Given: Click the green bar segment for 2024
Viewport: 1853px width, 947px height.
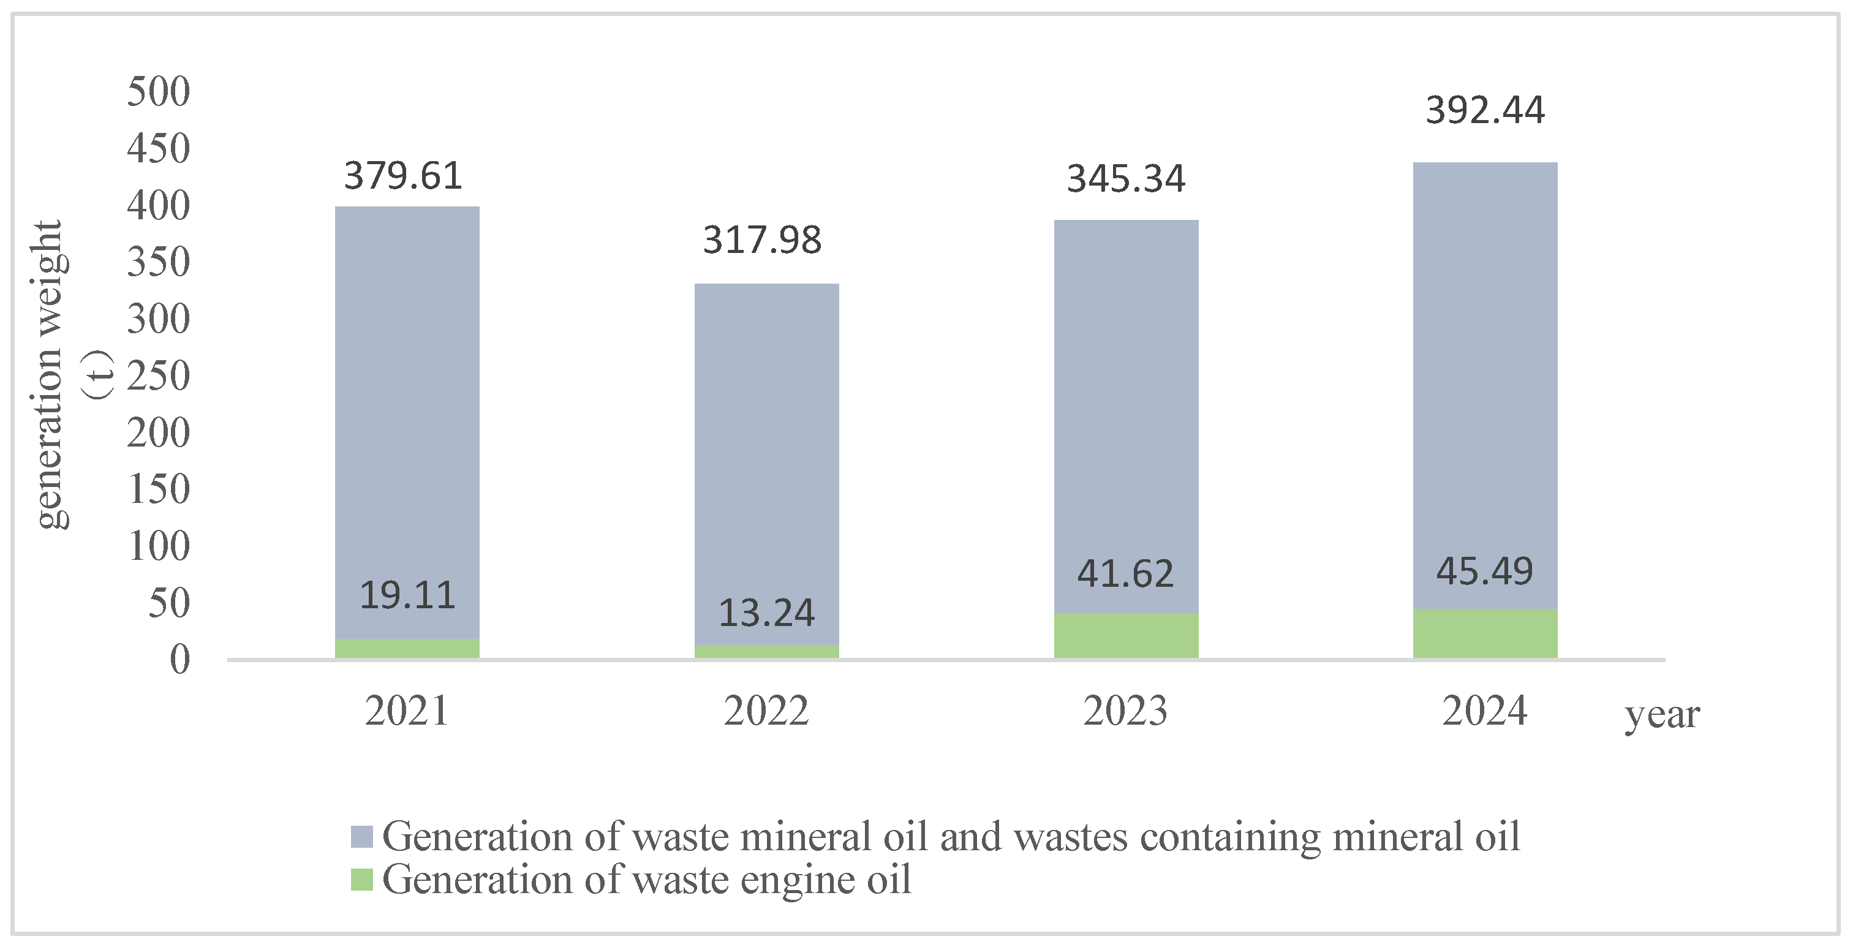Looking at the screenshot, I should [x=1485, y=633].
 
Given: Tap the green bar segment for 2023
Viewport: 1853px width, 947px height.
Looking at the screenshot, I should [x=1126, y=636].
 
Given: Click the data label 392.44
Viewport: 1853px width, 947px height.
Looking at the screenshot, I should [x=1485, y=111].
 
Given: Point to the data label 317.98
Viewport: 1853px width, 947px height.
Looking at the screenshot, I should [x=762, y=240].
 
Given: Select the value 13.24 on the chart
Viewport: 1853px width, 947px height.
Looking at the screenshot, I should [x=766, y=613].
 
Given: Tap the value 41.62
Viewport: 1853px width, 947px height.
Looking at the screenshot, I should [x=1125, y=574].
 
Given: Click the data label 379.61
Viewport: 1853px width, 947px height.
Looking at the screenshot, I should [x=403, y=176].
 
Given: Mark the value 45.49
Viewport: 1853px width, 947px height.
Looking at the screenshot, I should [x=1485, y=572].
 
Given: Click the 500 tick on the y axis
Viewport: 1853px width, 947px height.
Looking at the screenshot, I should [x=158, y=91].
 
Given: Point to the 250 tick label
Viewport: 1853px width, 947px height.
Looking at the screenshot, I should [x=158, y=375].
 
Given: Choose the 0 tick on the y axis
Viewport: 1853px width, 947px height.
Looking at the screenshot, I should [x=180, y=659].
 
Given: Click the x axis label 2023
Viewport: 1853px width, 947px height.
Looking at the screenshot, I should [x=1125, y=711].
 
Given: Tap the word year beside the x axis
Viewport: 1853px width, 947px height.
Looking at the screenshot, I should [x=1662, y=715].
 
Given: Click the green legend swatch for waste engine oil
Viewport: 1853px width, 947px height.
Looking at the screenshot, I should [x=362, y=880].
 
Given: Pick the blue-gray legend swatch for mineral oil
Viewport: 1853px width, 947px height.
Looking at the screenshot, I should [x=362, y=836].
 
